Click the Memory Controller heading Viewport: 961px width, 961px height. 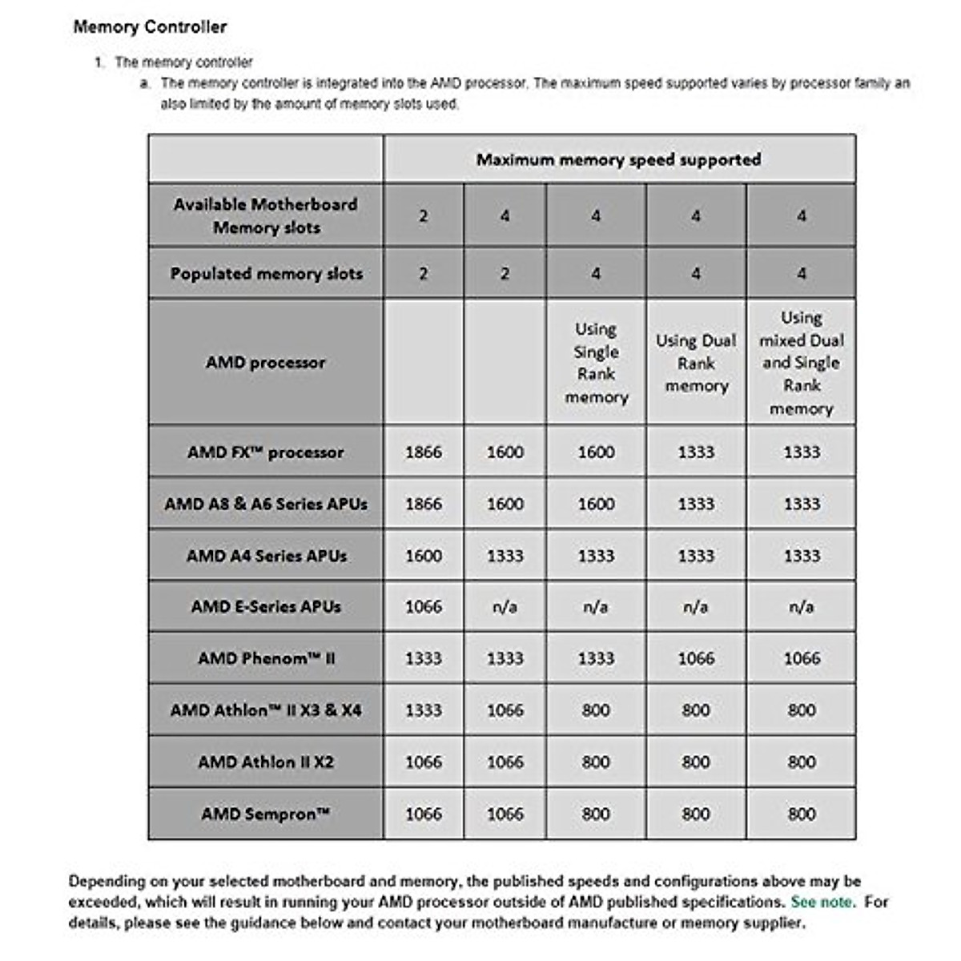(150, 27)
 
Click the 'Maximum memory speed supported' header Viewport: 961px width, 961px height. (618, 159)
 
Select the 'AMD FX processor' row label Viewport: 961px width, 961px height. (265, 452)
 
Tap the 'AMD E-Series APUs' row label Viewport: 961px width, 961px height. (265, 607)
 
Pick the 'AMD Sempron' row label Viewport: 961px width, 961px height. (265, 814)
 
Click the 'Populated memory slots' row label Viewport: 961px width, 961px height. (266, 274)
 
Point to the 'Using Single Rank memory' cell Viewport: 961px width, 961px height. (596, 363)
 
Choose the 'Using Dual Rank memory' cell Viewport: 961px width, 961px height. (695, 363)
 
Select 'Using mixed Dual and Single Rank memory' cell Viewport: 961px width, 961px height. (801, 363)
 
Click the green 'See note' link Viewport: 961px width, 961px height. (822, 902)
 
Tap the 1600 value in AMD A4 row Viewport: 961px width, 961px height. (423, 556)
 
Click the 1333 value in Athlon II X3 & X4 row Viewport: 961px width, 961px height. (423, 710)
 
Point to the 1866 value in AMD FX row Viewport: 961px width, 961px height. (423, 452)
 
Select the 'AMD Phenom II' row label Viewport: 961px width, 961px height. (265, 659)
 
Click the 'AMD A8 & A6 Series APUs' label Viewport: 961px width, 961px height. (265, 505)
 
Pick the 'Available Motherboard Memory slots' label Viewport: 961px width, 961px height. (265, 215)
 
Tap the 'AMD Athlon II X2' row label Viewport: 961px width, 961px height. (265, 762)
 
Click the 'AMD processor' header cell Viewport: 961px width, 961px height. (265, 363)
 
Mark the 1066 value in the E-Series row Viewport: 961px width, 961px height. (423, 607)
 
